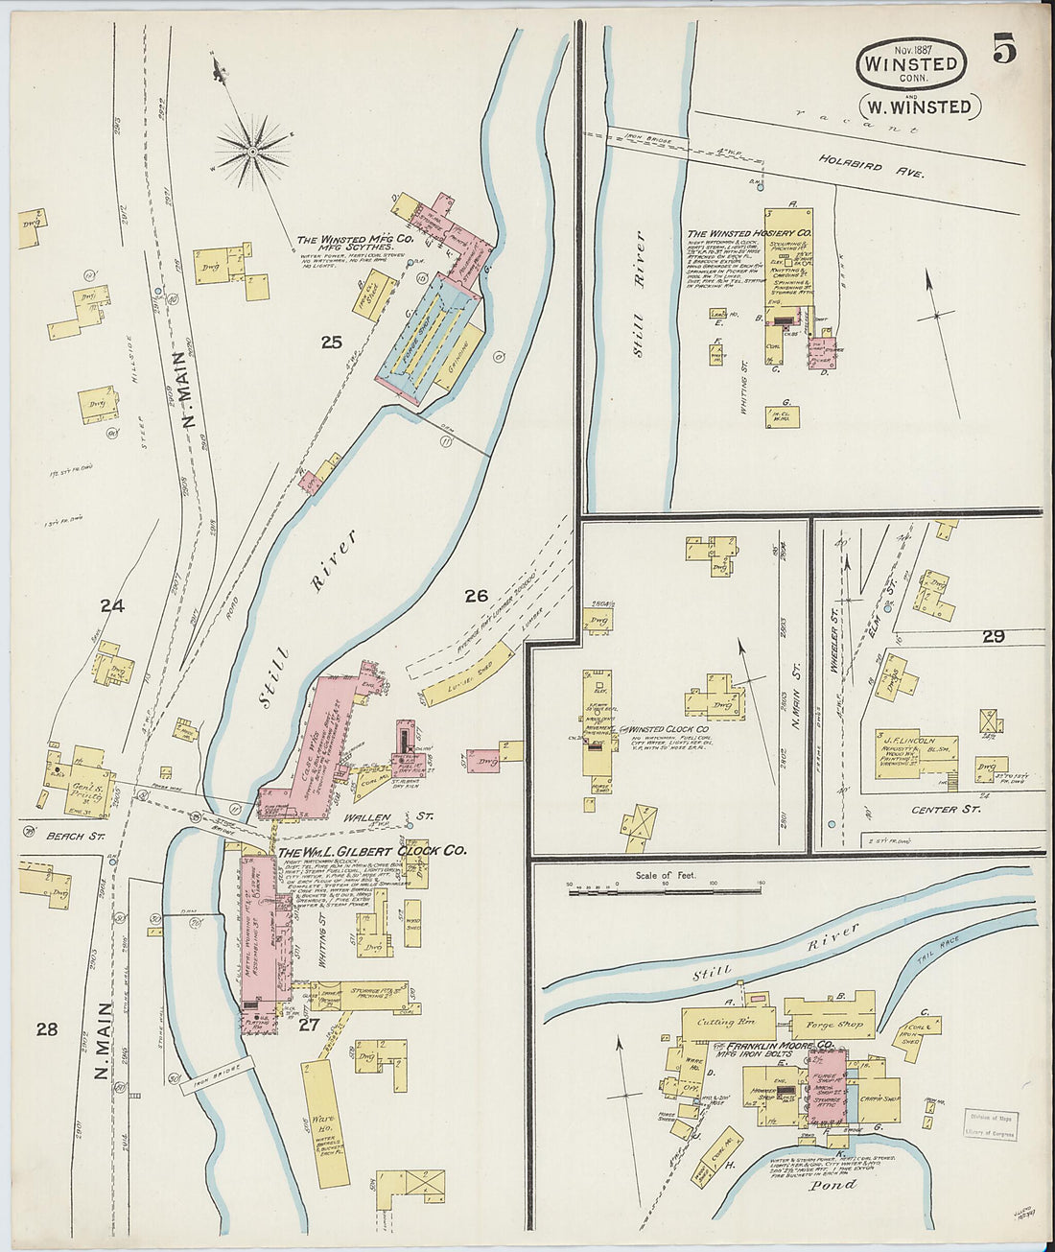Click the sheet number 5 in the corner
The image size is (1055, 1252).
tap(1003, 48)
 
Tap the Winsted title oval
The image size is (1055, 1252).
tap(910, 64)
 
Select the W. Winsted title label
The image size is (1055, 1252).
tap(919, 106)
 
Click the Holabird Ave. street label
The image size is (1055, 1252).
tap(871, 165)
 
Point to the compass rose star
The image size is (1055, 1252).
tap(252, 150)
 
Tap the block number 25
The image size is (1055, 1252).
tap(332, 342)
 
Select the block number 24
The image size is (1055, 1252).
tap(112, 605)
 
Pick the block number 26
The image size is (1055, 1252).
tap(477, 596)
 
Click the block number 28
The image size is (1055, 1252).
tap(46, 1029)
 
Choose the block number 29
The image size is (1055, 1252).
tap(993, 636)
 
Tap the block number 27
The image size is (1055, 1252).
tap(309, 1024)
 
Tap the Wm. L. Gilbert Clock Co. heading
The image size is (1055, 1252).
tap(372, 850)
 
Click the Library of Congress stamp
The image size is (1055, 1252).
tap(990, 1125)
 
